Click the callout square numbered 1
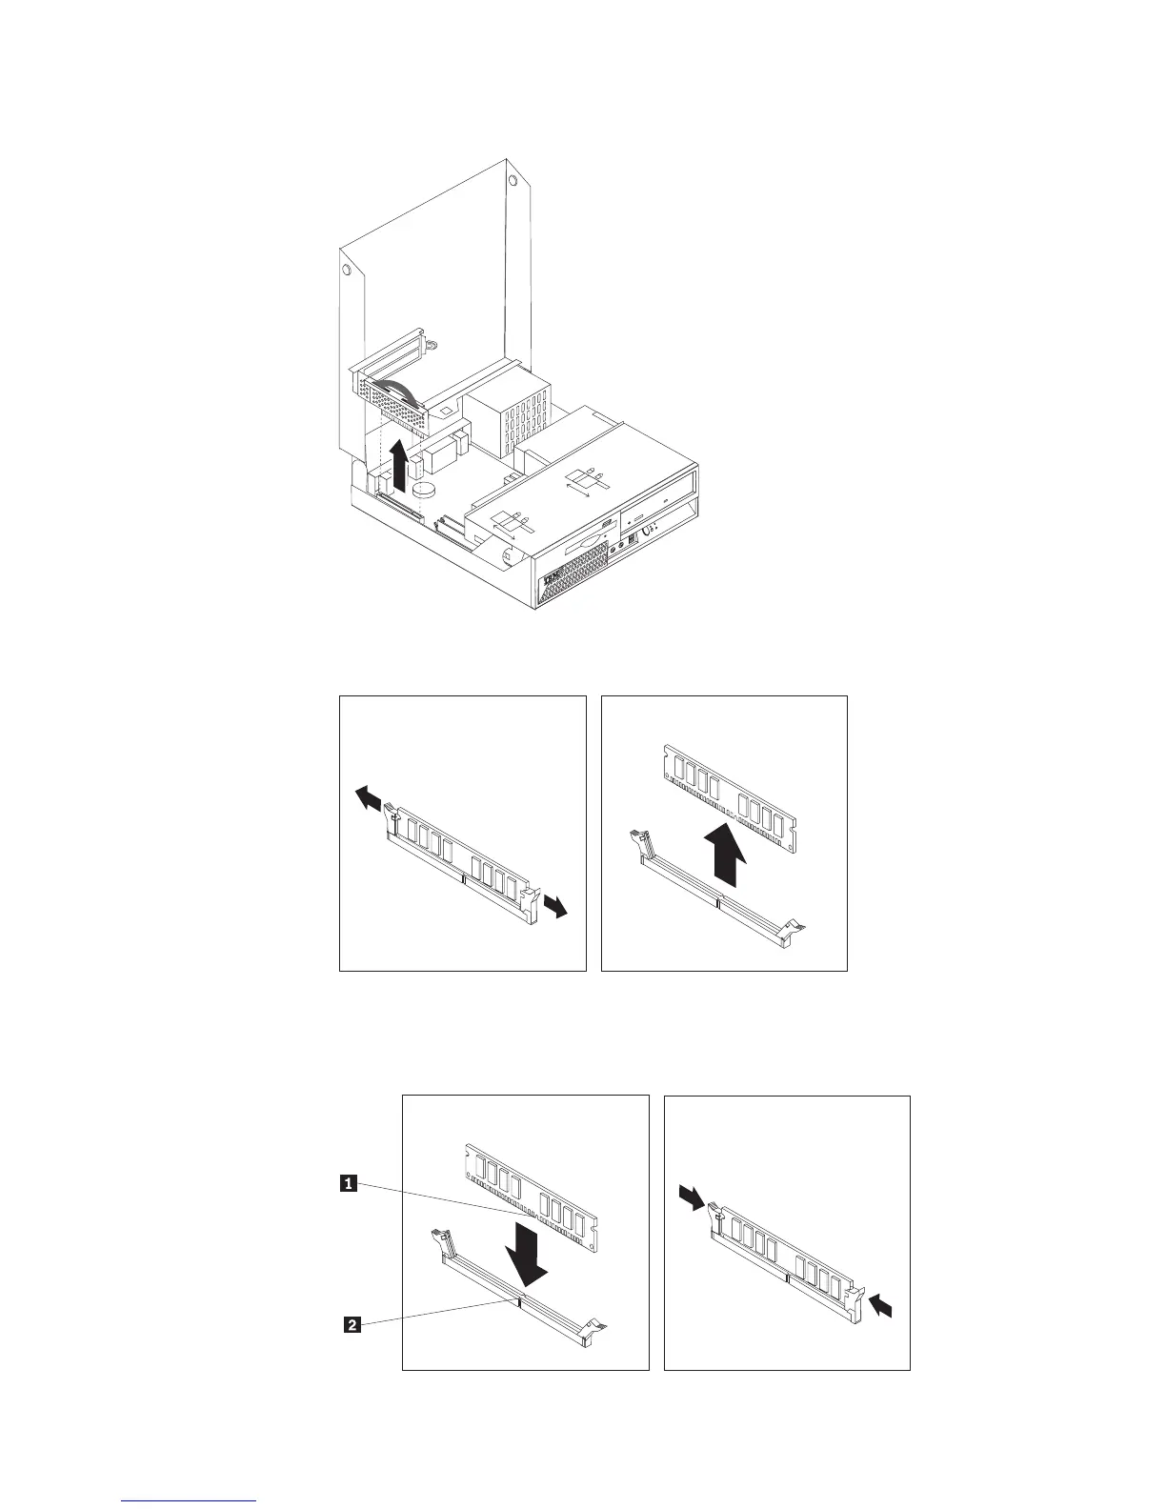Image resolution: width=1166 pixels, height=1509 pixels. pyautogui.click(x=350, y=1184)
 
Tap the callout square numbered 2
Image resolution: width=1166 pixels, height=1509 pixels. pyautogui.click(x=352, y=1324)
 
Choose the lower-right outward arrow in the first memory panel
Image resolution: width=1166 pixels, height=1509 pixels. pyautogui.click(x=555, y=906)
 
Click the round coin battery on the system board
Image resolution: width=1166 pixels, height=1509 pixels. pyautogui.click(x=424, y=488)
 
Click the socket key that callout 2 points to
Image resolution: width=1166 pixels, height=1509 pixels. pyautogui.click(x=518, y=1300)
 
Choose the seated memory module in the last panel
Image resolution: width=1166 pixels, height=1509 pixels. pyautogui.click(x=787, y=1253)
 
